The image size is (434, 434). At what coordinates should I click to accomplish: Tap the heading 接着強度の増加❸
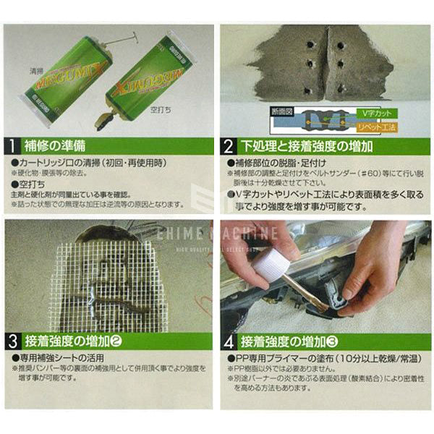coord(293,341)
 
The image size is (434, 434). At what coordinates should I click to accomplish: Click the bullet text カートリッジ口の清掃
coord(94,163)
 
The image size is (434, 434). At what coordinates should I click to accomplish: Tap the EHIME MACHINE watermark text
coord(217,233)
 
